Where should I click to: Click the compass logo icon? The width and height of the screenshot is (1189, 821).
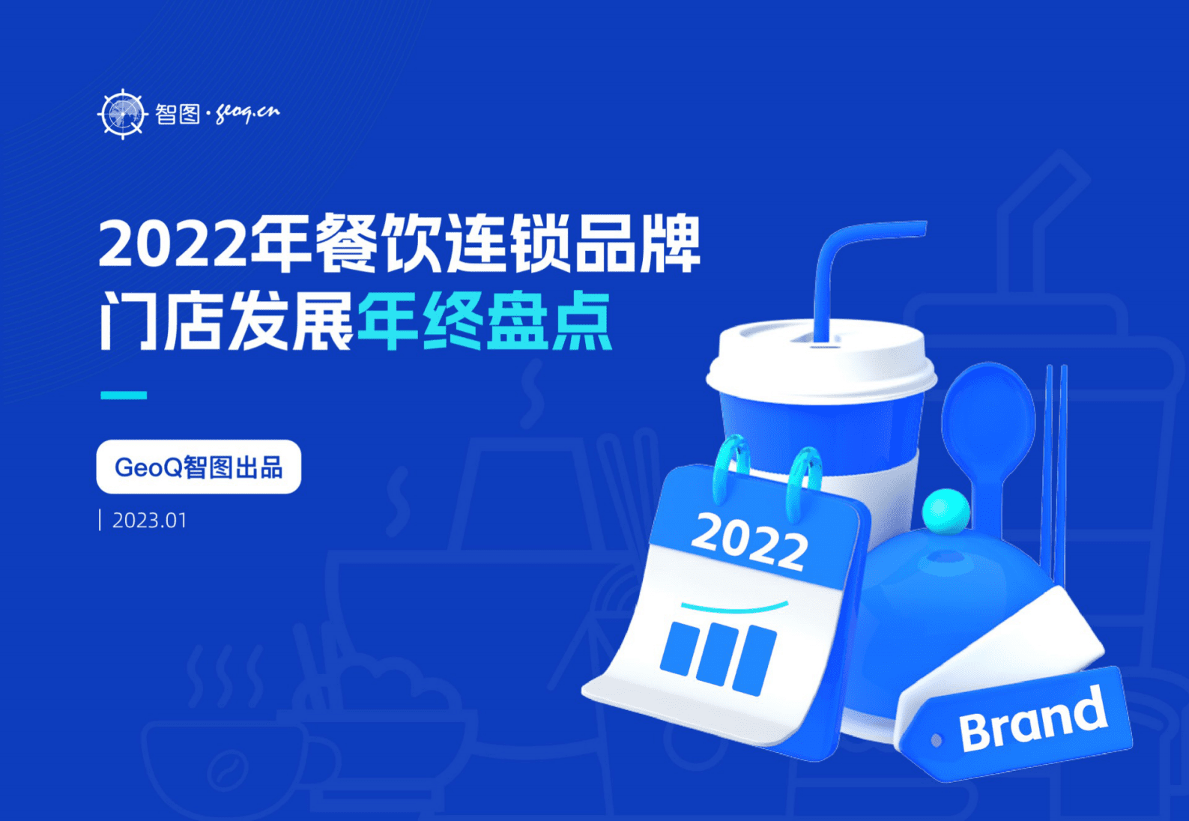click(122, 114)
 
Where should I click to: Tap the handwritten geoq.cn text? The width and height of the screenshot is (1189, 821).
click(247, 113)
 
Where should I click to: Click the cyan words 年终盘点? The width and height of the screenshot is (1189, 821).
click(484, 322)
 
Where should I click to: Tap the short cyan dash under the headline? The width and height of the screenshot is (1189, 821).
click(124, 395)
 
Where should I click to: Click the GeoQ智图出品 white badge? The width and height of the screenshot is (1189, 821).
click(199, 467)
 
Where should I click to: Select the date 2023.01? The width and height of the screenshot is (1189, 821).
click(149, 521)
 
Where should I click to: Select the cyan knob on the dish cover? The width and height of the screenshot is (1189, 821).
click(946, 511)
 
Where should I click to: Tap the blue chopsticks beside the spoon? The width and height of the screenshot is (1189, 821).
click(1056, 472)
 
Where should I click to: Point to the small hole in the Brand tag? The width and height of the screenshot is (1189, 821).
click(936, 741)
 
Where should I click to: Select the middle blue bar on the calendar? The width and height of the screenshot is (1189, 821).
click(717, 653)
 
